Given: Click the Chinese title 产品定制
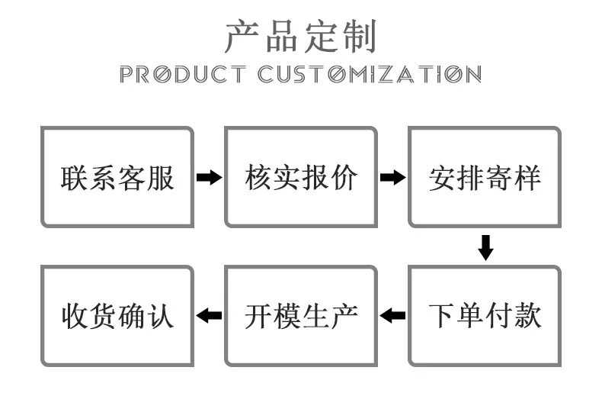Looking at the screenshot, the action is pos(301,37).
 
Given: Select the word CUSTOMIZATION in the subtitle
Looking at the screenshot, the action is pos(370,74).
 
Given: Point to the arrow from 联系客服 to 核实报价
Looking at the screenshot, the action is pos(210,177).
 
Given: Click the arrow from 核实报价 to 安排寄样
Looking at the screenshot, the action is pos(392,177).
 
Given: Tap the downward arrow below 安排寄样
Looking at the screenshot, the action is pos(485,248).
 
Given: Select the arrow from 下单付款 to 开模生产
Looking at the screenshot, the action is pos(392,316).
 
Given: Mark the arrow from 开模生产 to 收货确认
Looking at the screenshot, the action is pos(209,316).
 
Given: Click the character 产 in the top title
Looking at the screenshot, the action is pos(242,37).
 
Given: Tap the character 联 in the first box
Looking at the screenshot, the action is pos(75,178).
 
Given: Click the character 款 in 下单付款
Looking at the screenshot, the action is pos(528,316).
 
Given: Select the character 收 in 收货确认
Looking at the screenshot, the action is pos(75,316).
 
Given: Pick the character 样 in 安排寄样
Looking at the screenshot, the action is pos(528,178).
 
